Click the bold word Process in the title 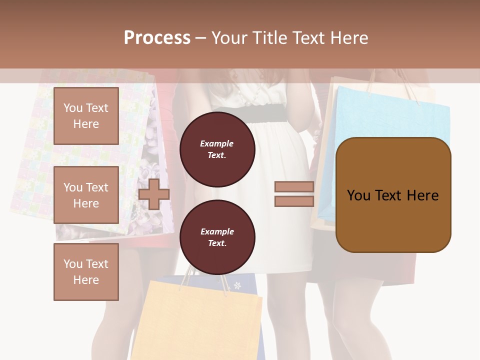click(157, 38)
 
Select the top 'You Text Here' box click(86, 116)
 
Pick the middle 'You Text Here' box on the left click(86, 195)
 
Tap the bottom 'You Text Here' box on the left click(86, 271)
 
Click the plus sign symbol click(154, 194)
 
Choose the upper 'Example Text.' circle click(217, 149)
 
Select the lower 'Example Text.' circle click(217, 237)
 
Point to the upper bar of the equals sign click(294, 186)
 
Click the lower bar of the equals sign click(294, 201)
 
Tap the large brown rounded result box click(393, 195)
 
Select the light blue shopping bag click(390, 115)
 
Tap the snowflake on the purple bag click(237, 285)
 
